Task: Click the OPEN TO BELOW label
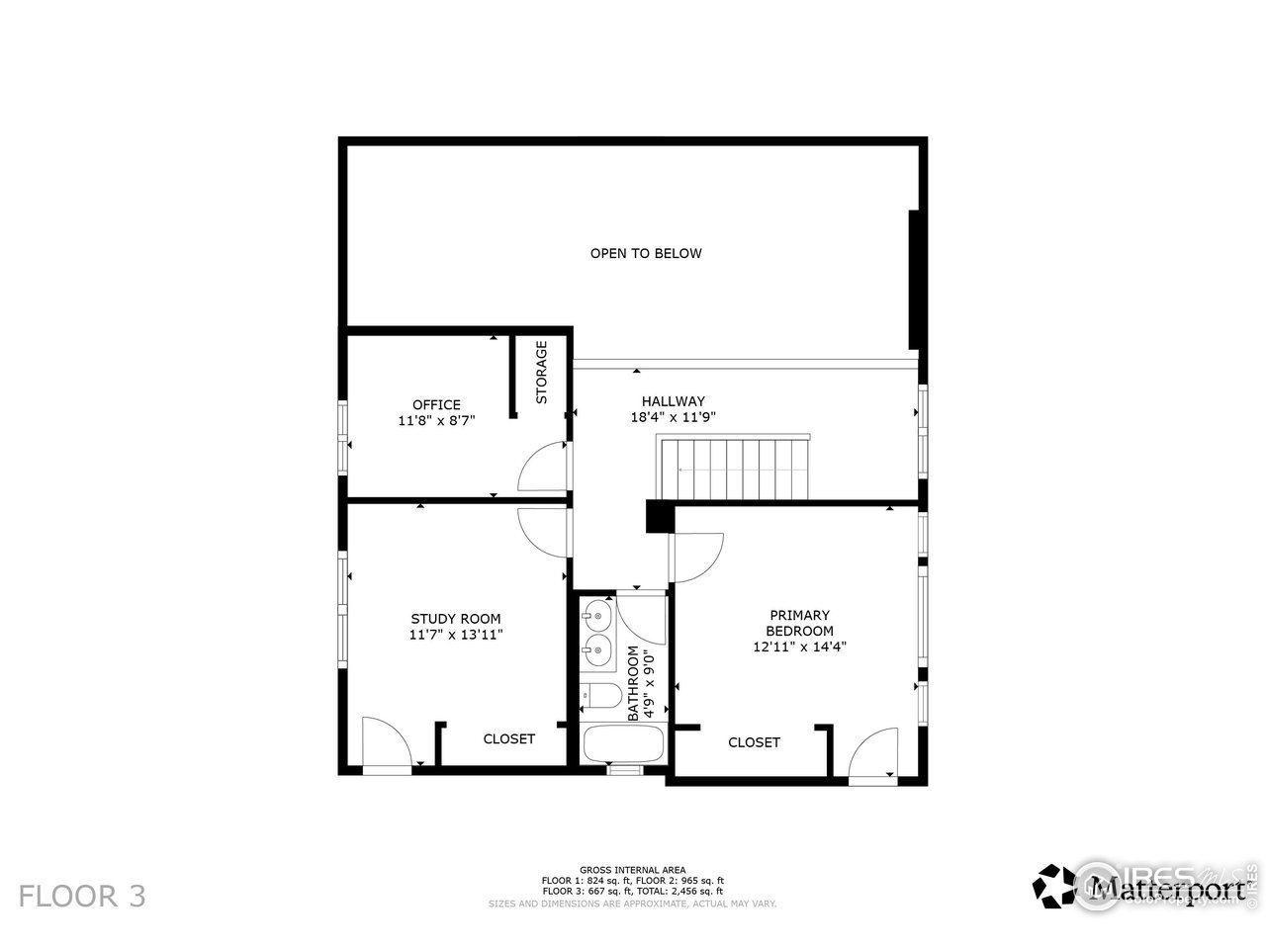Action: [x=646, y=253]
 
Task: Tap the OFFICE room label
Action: [x=436, y=404]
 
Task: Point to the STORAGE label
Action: [x=542, y=373]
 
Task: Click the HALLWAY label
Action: [x=673, y=401]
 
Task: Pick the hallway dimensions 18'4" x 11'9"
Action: [x=673, y=417]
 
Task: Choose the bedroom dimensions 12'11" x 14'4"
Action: [x=799, y=647]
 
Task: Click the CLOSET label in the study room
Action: [x=508, y=738]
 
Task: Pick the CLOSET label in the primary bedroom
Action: [x=754, y=742]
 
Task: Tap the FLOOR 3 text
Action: [x=83, y=897]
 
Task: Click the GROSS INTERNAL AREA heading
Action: [x=632, y=870]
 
